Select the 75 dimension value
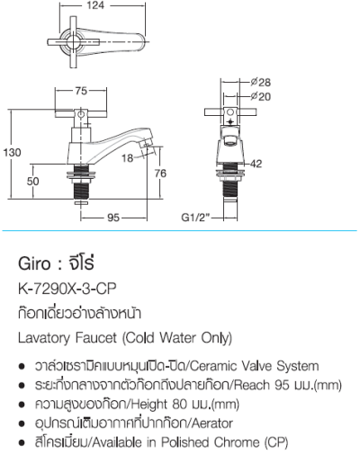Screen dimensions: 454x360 click(81, 91)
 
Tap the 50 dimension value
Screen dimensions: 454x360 click(32, 181)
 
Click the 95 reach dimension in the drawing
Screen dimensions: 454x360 click(114, 217)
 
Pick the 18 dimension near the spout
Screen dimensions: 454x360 click(128, 158)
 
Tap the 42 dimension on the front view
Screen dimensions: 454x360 click(256, 163)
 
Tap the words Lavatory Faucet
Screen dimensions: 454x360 click(65, 338)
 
